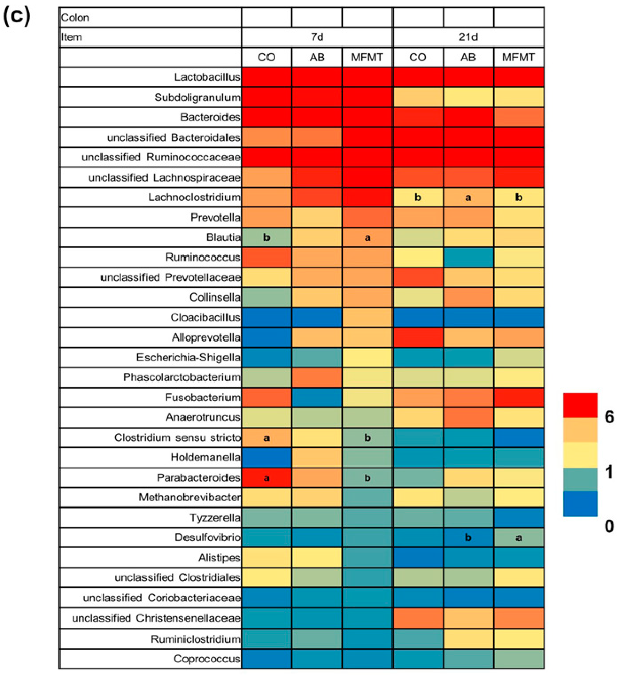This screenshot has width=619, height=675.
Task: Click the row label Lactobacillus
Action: (x=207, y=77)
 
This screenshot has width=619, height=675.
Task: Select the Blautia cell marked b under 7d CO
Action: (x=266, y=237)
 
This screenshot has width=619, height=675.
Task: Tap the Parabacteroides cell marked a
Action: (x=266, y=477)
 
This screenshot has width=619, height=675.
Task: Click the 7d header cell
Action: (x=317, y=37)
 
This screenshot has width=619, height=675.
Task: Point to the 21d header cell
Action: (x=468, y=37)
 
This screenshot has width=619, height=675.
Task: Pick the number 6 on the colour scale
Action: (x=609, y=417)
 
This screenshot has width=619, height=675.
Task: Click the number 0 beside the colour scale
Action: (x=609, y=526)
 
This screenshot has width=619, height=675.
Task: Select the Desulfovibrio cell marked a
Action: (x=519, y=538)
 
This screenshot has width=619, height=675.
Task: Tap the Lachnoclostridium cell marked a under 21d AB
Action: (x=468, y=197)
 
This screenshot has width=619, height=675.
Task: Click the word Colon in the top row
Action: (x=75, y=17)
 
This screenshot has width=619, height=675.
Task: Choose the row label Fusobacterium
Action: (x=202, y=397)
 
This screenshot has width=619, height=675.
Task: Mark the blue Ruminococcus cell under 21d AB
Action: (x=468, y=257)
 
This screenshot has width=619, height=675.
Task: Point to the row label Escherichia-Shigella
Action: (x=188, y=357)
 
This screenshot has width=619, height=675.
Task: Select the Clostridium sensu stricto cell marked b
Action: (x=367, y=438)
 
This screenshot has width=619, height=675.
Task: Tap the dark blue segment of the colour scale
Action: (x=580, y=504)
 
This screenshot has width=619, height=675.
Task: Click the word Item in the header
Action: (x=71, y=37)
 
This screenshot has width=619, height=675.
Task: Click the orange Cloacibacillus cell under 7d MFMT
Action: (x=367, y=317)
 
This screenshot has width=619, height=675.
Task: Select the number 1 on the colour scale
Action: (x=609, y=472)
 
